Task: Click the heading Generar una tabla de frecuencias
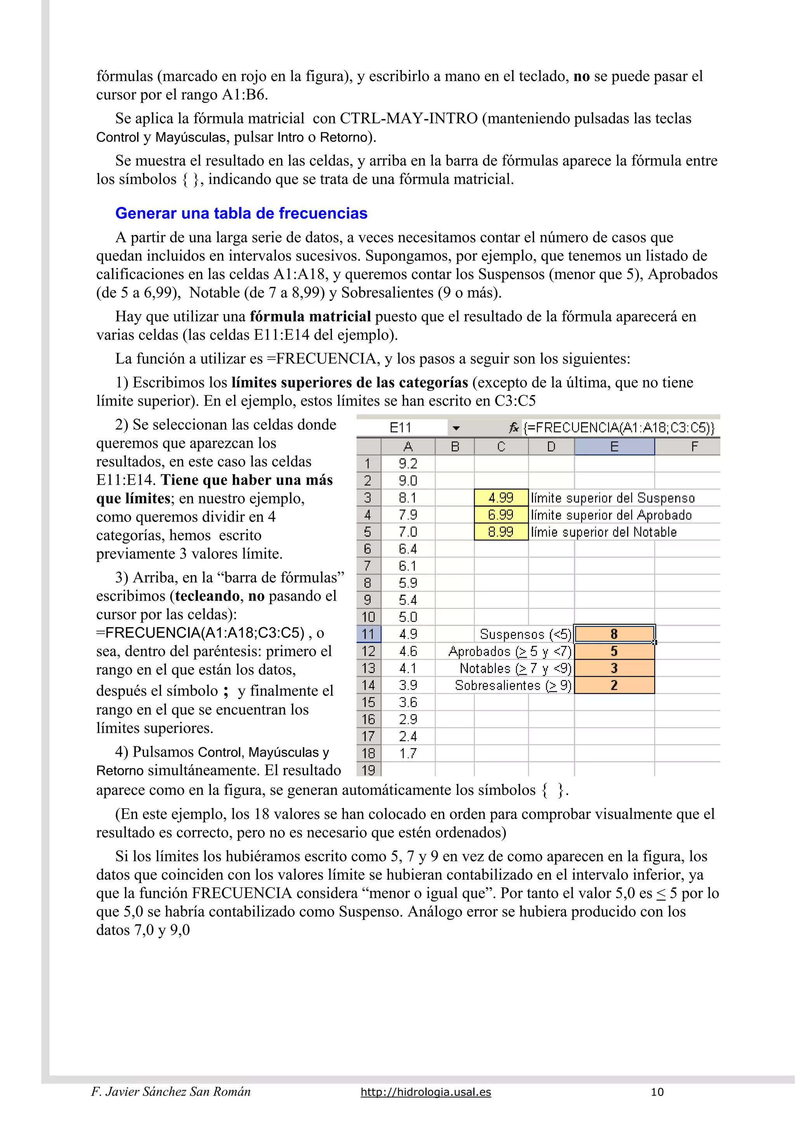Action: coord(241,213)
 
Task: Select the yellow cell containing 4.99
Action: coord(501,498)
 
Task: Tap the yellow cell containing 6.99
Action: coord(501,515)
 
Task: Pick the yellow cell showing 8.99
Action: coord(501,532)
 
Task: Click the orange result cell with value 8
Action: coord(614,634)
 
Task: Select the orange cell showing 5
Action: coord(614,651)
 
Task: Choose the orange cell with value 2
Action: coord(614,685)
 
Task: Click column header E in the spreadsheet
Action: coord(614,446)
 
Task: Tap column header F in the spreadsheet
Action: coord(694,446)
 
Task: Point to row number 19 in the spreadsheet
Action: coord(368,770)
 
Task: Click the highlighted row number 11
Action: coord(368,634)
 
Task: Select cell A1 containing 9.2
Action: coord(408,464)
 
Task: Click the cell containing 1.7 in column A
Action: coord(408,753)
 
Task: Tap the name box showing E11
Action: coord(401,428)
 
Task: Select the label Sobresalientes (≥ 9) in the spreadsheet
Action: coord(512,685)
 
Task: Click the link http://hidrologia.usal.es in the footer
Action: coord(426,1092)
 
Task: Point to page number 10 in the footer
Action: coord(657,1092)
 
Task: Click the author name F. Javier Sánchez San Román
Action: coord(171,1092)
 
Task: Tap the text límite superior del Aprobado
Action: coord(611,515)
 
